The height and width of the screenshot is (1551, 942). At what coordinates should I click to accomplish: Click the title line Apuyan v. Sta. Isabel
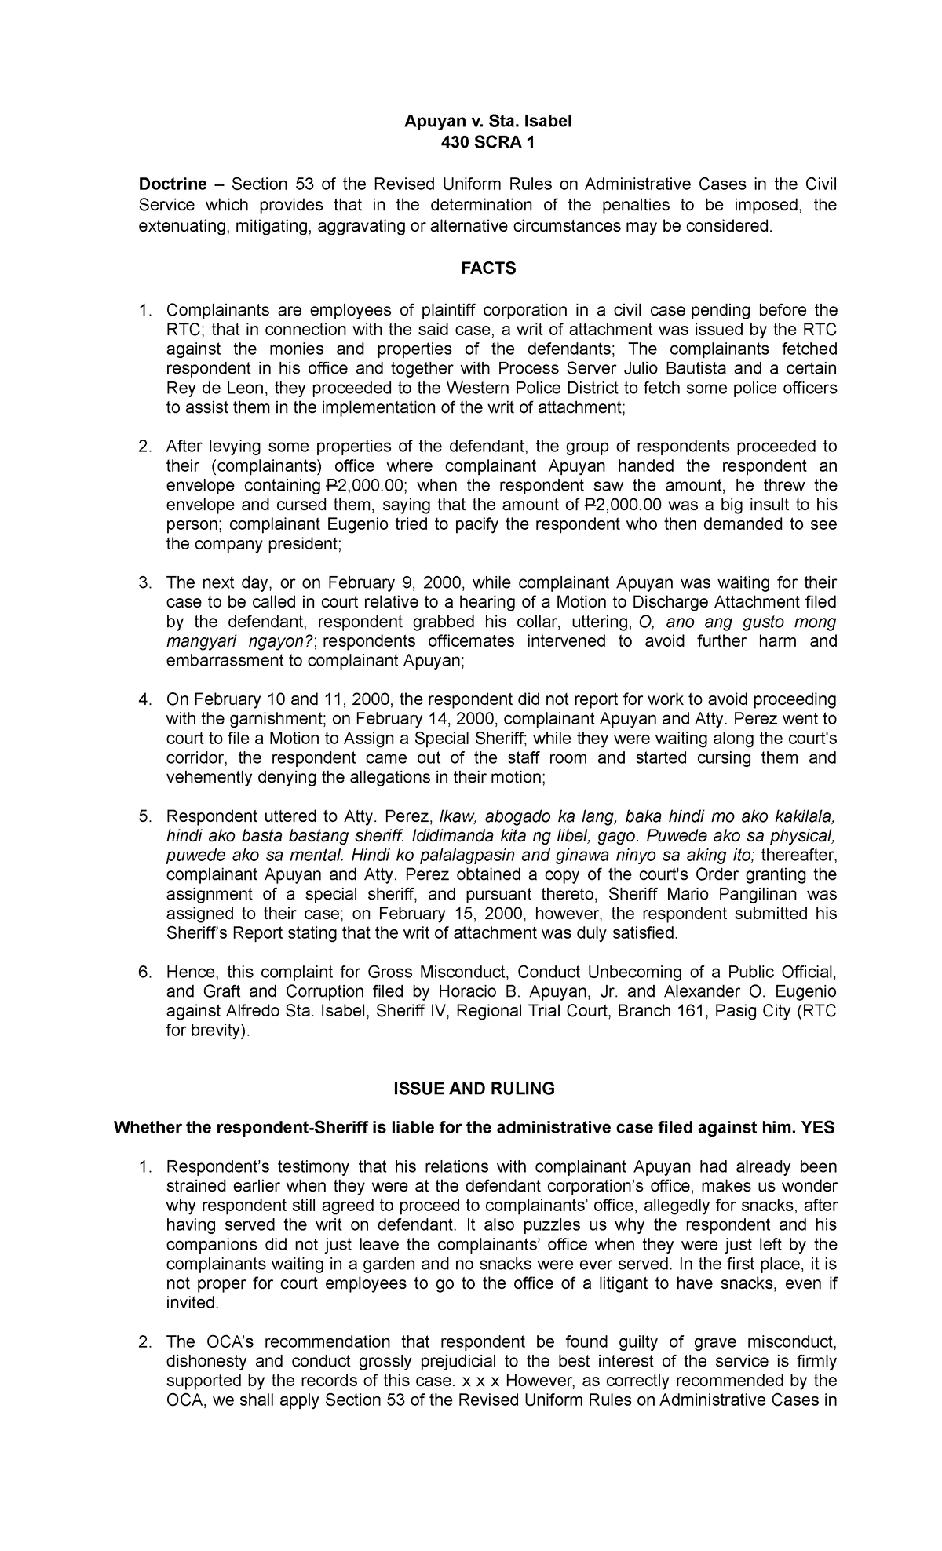pyautogui.click(x=487, y=122)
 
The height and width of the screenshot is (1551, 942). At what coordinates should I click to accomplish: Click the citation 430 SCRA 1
pyautogui.click(x=487, y=142)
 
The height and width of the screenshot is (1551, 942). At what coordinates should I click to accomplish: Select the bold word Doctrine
pyautogui.click(x=173, y=184)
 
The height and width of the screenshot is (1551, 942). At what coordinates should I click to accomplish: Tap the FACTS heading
pyautogui.click(x=487, y=269)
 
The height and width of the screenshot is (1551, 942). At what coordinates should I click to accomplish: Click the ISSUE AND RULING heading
pyautogui.click(x=487, y=1089)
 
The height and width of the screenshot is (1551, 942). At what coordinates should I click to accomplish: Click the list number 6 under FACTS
pyautogui.click(x=144, y=973)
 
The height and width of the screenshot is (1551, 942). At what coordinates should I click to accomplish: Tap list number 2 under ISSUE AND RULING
pyautogui.click(x=144, y=1342)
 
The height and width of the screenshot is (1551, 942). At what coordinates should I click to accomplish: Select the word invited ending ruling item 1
pyautogui.click(x=191, y=1303)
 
